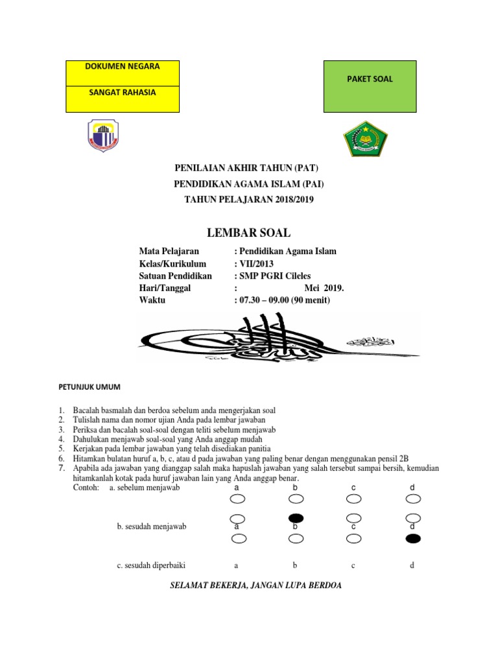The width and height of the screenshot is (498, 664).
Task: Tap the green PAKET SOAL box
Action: coord(370,79)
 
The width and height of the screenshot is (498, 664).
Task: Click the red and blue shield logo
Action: coord(104,136)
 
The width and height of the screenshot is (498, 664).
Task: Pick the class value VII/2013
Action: coord(255,263)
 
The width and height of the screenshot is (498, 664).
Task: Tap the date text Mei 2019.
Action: coord(323,288)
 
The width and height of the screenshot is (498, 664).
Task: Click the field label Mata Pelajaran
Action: coord(170,251)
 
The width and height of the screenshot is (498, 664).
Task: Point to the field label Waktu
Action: coord(152,300)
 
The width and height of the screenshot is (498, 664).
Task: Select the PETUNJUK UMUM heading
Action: coord(85,386)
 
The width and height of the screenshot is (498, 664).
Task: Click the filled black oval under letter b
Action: coord(295,517)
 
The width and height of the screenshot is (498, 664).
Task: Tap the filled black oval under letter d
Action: coord(412,539)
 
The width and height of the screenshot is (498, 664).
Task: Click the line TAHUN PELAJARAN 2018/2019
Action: coord(249,200)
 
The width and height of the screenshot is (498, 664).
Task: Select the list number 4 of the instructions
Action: coord(61,439)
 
